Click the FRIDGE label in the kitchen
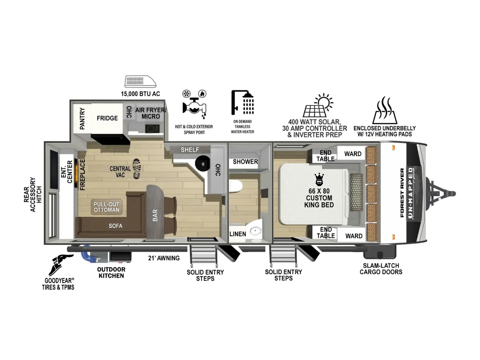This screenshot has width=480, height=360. pyautogui.click(x=107, y=118)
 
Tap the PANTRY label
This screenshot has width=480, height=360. pyautogui.click(x=82, y=119)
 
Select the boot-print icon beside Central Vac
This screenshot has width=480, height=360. pyautogui.click(x=137, y=169)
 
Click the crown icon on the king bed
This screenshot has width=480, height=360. pyautogui.click(x=319, y=180)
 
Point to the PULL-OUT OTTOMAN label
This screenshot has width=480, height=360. pyautogui.click(x=106, y=207)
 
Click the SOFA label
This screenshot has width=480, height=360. pyautogui.click(x=116, y=226)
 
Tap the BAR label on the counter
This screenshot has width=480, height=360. pyautogui.click(x=155, y=215)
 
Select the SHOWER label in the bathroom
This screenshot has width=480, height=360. pyautogui.click(x=245, y=162)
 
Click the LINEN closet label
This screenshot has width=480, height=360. pyautogui.click(x=238, y=234)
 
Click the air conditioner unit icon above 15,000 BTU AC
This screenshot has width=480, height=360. pyautogui.click(x=140, y=82)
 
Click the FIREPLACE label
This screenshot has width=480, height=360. pyautogui.click(x=82, y=175)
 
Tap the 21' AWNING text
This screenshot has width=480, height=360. pyautogui.click(x=164, y=258)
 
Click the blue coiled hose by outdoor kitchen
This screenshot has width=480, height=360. pyautogui.click(x=88, y=254)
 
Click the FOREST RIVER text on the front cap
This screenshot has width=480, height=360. pyautogui.click(x=402, y=193)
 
